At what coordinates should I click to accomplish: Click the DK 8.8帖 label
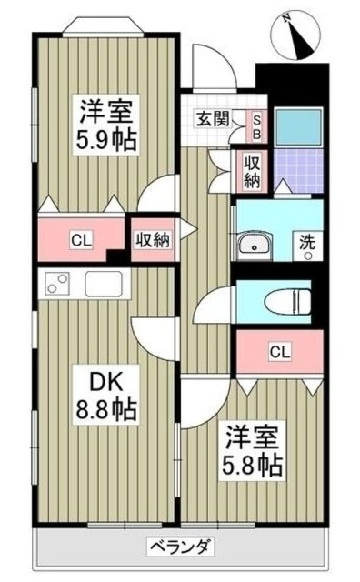pyautogui.click(x=107, y=393)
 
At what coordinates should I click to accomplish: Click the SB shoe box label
pyautogui.click(x=256, y=125)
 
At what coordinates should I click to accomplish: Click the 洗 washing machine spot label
pyautogui.click(x=307, y=246)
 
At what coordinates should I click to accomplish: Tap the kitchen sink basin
pyautogui.click(x=103, y=283)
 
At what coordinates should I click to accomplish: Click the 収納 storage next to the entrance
pyautogui.click(x=250, y=169)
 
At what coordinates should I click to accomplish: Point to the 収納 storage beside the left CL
pyautogui.click(x=153, y=240)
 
